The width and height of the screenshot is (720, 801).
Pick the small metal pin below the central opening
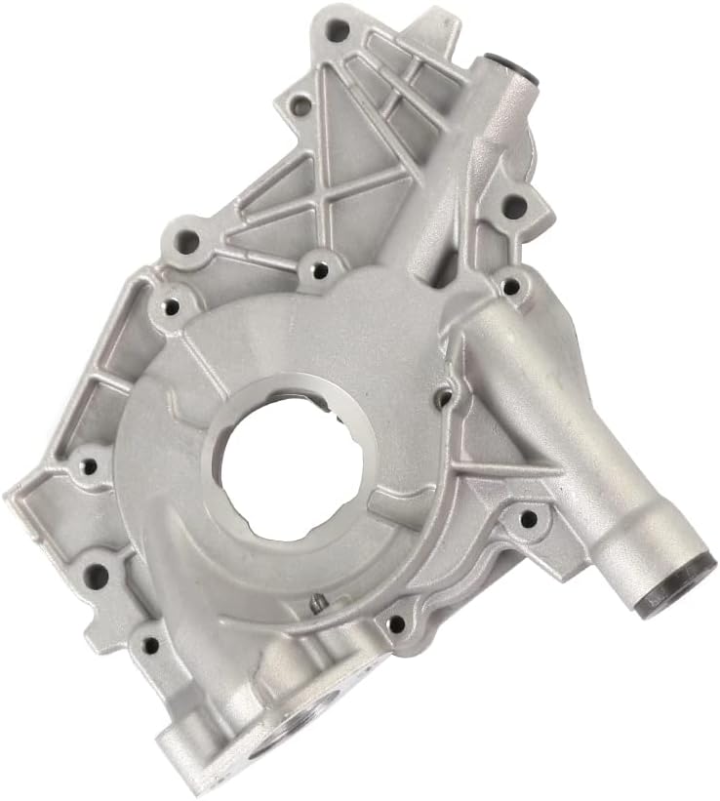pos(317,607)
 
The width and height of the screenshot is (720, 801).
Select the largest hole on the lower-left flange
pos(95,575)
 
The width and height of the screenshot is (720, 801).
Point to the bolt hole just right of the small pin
pos(396,622)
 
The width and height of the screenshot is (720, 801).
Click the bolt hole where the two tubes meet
pos(509,287)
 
